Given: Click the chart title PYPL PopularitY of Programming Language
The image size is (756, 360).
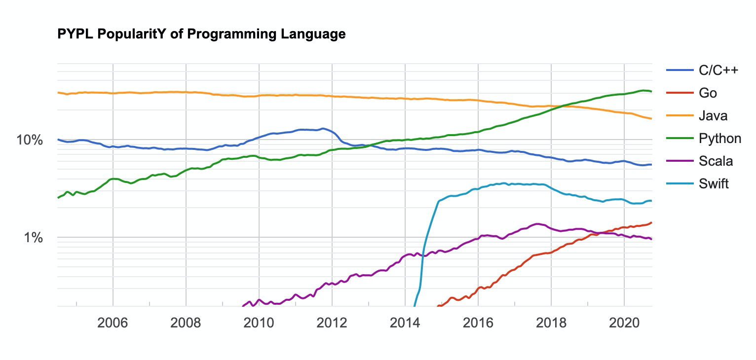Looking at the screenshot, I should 201,35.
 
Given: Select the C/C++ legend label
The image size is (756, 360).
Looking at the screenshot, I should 718,71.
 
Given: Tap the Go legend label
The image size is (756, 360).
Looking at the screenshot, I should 708,93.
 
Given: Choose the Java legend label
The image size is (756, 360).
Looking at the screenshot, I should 713,116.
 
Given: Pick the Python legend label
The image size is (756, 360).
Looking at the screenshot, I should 719,139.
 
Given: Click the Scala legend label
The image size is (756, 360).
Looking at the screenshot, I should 716,161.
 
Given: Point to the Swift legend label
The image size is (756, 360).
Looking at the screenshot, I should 714,184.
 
